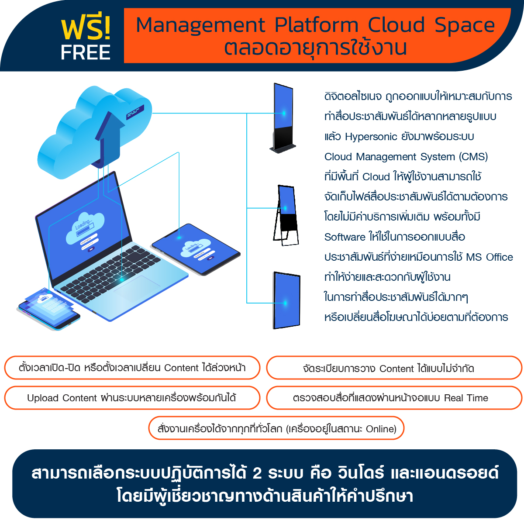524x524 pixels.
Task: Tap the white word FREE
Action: pos(86,53)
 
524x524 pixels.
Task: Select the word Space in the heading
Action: pos(465,25)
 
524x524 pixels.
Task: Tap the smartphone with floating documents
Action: pos(49,310)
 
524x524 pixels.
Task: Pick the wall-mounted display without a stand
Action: pos(287,300)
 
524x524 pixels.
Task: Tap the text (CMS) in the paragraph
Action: pos(473,157)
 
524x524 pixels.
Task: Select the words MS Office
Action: pos(489,257)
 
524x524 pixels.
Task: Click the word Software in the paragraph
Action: pos(345,237)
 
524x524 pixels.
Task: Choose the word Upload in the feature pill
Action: pos(43,398)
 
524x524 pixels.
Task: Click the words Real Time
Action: pos(466,398)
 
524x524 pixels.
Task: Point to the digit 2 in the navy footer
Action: pos(257,473)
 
